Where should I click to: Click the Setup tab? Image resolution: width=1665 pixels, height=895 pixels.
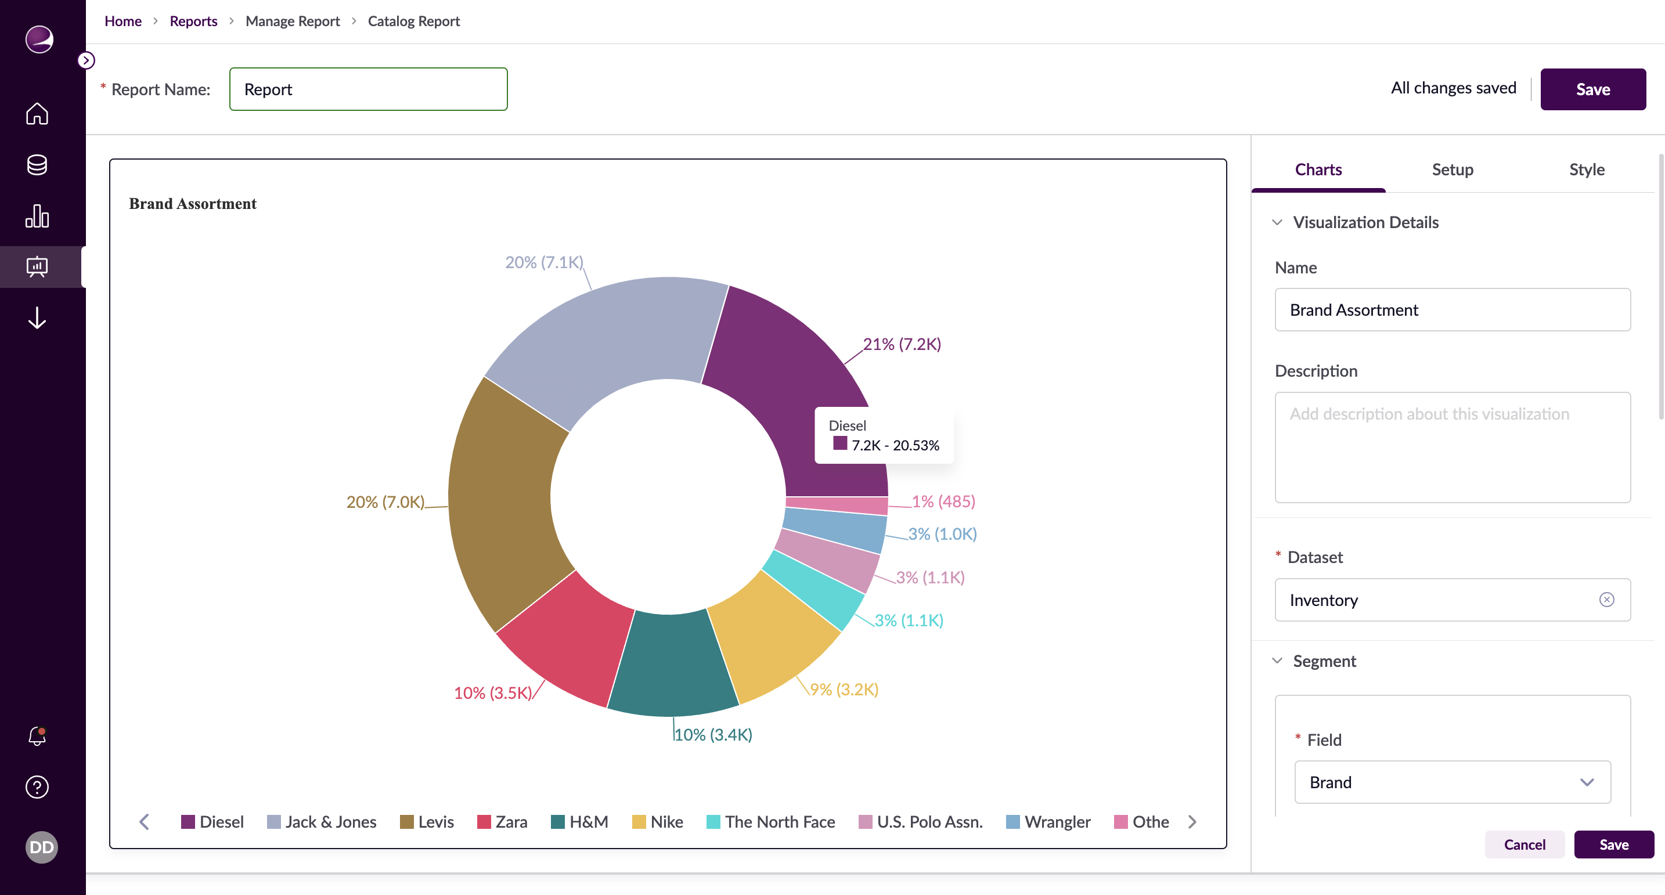pos(1452,169)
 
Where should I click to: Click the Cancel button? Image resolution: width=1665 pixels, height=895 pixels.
pos(1523,844)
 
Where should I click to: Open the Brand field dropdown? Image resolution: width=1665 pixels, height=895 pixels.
pos(1452,782)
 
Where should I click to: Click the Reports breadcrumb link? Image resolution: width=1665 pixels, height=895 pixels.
pos(193,21)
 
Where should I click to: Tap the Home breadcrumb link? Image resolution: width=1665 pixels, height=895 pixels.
pos(123,21)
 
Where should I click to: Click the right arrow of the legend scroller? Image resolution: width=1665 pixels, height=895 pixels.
pos(1192,821)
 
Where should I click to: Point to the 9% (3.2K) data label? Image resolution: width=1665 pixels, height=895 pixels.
pos(844,689)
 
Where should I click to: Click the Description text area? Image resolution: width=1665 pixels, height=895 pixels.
pos(1452,447)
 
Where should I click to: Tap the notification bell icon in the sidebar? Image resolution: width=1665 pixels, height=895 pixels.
pos(37,735)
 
